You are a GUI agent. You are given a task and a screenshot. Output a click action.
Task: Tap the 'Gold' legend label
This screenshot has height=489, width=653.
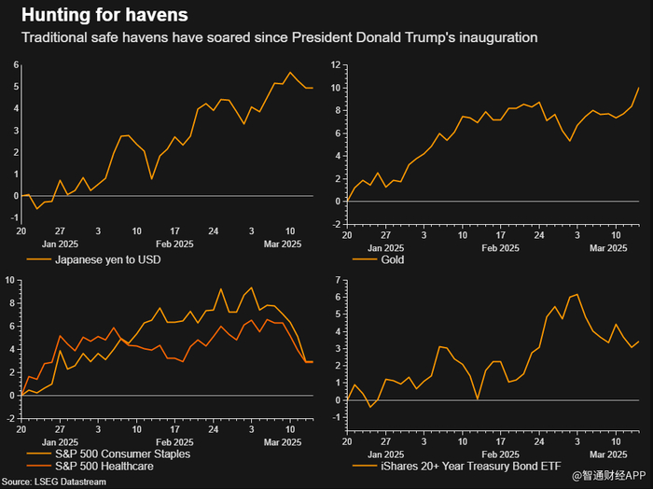[395, 259]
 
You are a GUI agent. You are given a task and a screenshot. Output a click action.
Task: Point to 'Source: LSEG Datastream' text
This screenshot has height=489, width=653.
[58, 482]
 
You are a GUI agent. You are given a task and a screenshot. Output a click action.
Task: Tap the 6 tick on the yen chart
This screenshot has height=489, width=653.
[14, 64]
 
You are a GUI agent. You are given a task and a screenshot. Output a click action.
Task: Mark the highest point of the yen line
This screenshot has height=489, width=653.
[290, 73]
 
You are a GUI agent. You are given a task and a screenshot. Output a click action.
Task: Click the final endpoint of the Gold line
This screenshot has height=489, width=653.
[638, 89]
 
